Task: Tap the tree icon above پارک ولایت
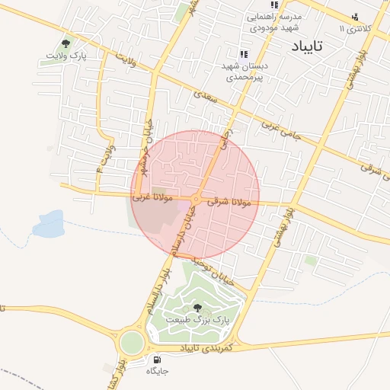tap(66, 44)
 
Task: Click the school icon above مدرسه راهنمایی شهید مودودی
tap(253, 5)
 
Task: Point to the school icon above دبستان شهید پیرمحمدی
tap(244, 54)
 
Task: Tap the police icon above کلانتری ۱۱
tap(354, 18)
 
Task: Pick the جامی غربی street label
tap(281, 131)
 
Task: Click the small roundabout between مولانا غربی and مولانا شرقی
tap(196, 200)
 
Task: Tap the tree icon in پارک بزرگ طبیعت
tap(199, 308)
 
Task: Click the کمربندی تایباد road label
tap(207, 347)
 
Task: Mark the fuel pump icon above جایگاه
tap(157, 360)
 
